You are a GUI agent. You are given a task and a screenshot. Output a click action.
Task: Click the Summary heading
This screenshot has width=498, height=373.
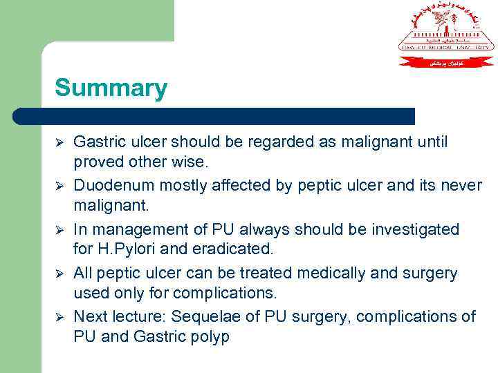[x=111, y=88]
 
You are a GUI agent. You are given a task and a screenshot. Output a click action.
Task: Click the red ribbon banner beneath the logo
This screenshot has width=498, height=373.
[x=446, y=61]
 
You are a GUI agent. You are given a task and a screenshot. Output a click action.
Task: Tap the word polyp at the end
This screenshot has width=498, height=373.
[x=208, y=338]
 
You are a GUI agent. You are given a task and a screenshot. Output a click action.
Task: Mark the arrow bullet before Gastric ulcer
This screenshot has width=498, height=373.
[x=59, y=142]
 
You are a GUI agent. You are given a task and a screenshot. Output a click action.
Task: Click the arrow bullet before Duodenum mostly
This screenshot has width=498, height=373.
[x=59, y=186]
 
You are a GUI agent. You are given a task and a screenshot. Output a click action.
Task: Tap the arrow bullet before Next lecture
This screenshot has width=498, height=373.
[x=59, y=316]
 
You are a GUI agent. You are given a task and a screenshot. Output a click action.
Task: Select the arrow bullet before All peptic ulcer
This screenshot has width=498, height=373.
[x=59, y=274]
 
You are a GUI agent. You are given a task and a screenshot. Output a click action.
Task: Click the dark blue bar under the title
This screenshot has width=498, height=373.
[x=214, y=116]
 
